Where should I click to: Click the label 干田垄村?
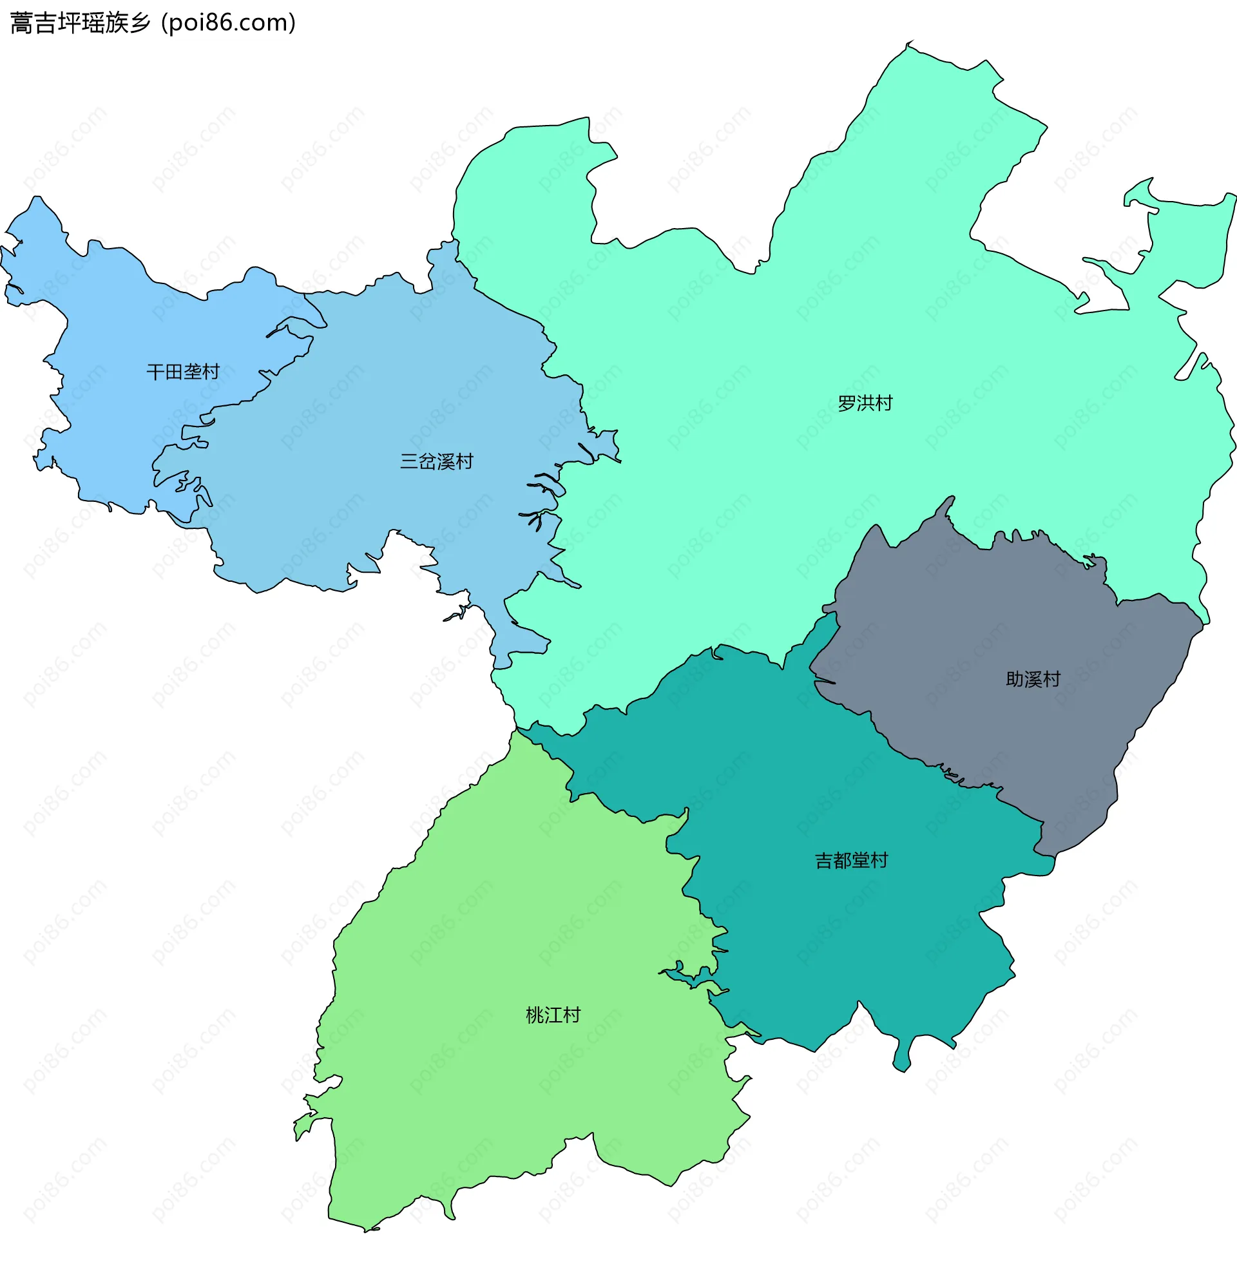(x=183, y=372)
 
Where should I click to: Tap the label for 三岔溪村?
(x=436, y=462)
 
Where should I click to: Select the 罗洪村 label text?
(x=865, y=403)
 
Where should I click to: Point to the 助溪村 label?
(x=1033, y=679)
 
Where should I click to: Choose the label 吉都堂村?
(x=850, y=861)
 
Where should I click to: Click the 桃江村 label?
(x=553, y=1015)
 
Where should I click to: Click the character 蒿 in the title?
(x=22, y=23)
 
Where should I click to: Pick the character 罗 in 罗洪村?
(x=846, y=403)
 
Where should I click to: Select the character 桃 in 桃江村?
(x=535, y=1015)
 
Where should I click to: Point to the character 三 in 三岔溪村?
(x=409, y=462)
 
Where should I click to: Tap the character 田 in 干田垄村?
(x=174, y=372)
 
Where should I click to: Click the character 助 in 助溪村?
(x=1015, y=679)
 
